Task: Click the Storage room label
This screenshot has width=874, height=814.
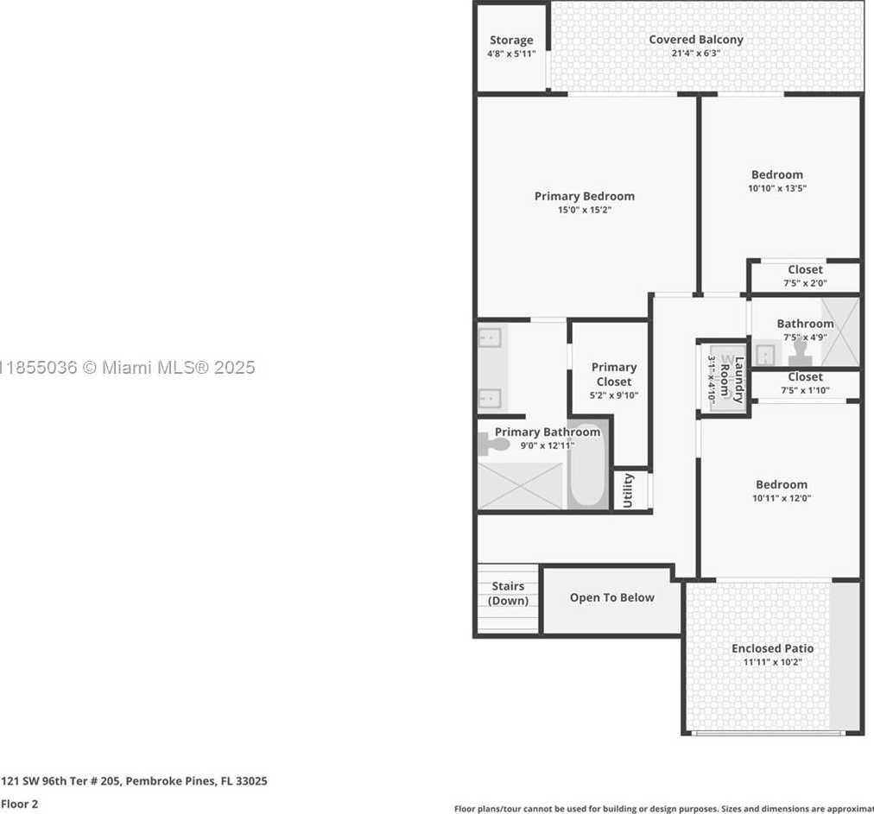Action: [x=511, y=41]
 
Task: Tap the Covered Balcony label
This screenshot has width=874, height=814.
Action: [x=696, y=40]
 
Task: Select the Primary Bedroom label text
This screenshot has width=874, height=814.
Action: [x=584, y=196]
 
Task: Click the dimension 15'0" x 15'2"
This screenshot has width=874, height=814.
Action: [x=584, y=210]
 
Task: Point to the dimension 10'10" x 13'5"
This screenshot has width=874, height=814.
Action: [x=777, y=188]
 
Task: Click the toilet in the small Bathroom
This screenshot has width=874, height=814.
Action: [x=801, y=353]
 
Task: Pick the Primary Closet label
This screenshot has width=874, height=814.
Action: [x=613, y=375]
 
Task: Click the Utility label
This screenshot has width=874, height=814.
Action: [x=628, y=490]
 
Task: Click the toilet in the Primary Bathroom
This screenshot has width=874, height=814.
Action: [x=493, y=445]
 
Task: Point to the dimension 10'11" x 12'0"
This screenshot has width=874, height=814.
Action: [x=781, y=498]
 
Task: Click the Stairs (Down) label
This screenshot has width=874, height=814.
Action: [x=508, y=594]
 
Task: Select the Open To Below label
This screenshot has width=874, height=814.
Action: [x=611, y=597]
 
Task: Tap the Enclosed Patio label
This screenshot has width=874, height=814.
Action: [x=772, y=648]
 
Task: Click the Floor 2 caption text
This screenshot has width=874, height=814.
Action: [x=20, y=804]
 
